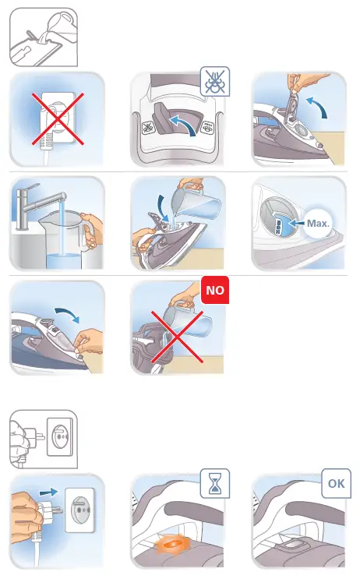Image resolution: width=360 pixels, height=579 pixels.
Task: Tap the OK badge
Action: click(336, 483)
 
